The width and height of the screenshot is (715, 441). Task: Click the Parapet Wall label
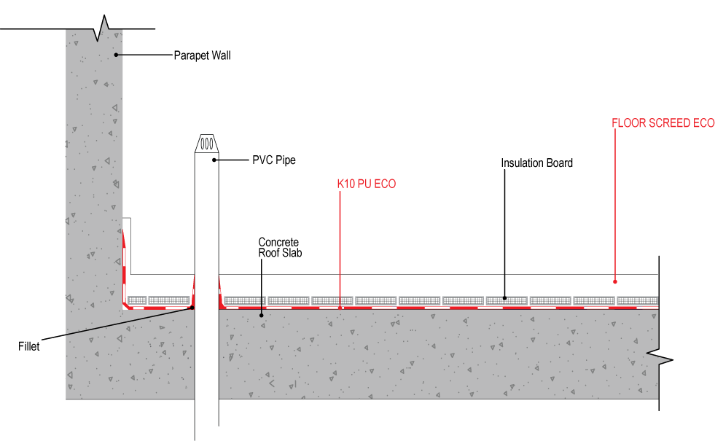tap(202, 55)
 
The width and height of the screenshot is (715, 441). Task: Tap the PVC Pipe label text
tap(274, 160)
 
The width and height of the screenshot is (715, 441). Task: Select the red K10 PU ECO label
tap(367, 184)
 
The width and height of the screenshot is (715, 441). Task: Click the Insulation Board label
tap(536, 163)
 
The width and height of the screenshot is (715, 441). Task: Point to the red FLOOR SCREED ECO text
tap(663, 123)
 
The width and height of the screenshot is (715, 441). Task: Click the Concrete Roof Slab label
tap(280, 248)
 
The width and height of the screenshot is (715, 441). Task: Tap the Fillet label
tap(28, 346)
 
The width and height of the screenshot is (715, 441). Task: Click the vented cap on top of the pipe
tap(206, 143)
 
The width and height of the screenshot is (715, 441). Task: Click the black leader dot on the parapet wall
tap(117, 55)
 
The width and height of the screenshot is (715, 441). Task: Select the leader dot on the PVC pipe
tap(214, 160)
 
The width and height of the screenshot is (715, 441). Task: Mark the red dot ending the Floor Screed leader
tap(614, 282)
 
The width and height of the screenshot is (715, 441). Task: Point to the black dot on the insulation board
tap(504, 298)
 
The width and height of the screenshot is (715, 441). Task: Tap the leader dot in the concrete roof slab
tap(261, 315)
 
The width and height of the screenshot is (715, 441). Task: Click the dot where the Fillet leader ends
tap(192, 308)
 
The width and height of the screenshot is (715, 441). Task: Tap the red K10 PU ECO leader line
tap(340, 249)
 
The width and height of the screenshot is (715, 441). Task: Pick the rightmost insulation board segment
tap(638, 300)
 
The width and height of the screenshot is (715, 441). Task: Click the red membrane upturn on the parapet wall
tap(124, 269)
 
